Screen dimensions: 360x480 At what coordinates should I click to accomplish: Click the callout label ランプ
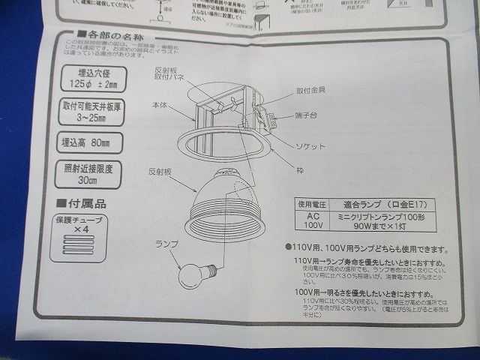[164, 244]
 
